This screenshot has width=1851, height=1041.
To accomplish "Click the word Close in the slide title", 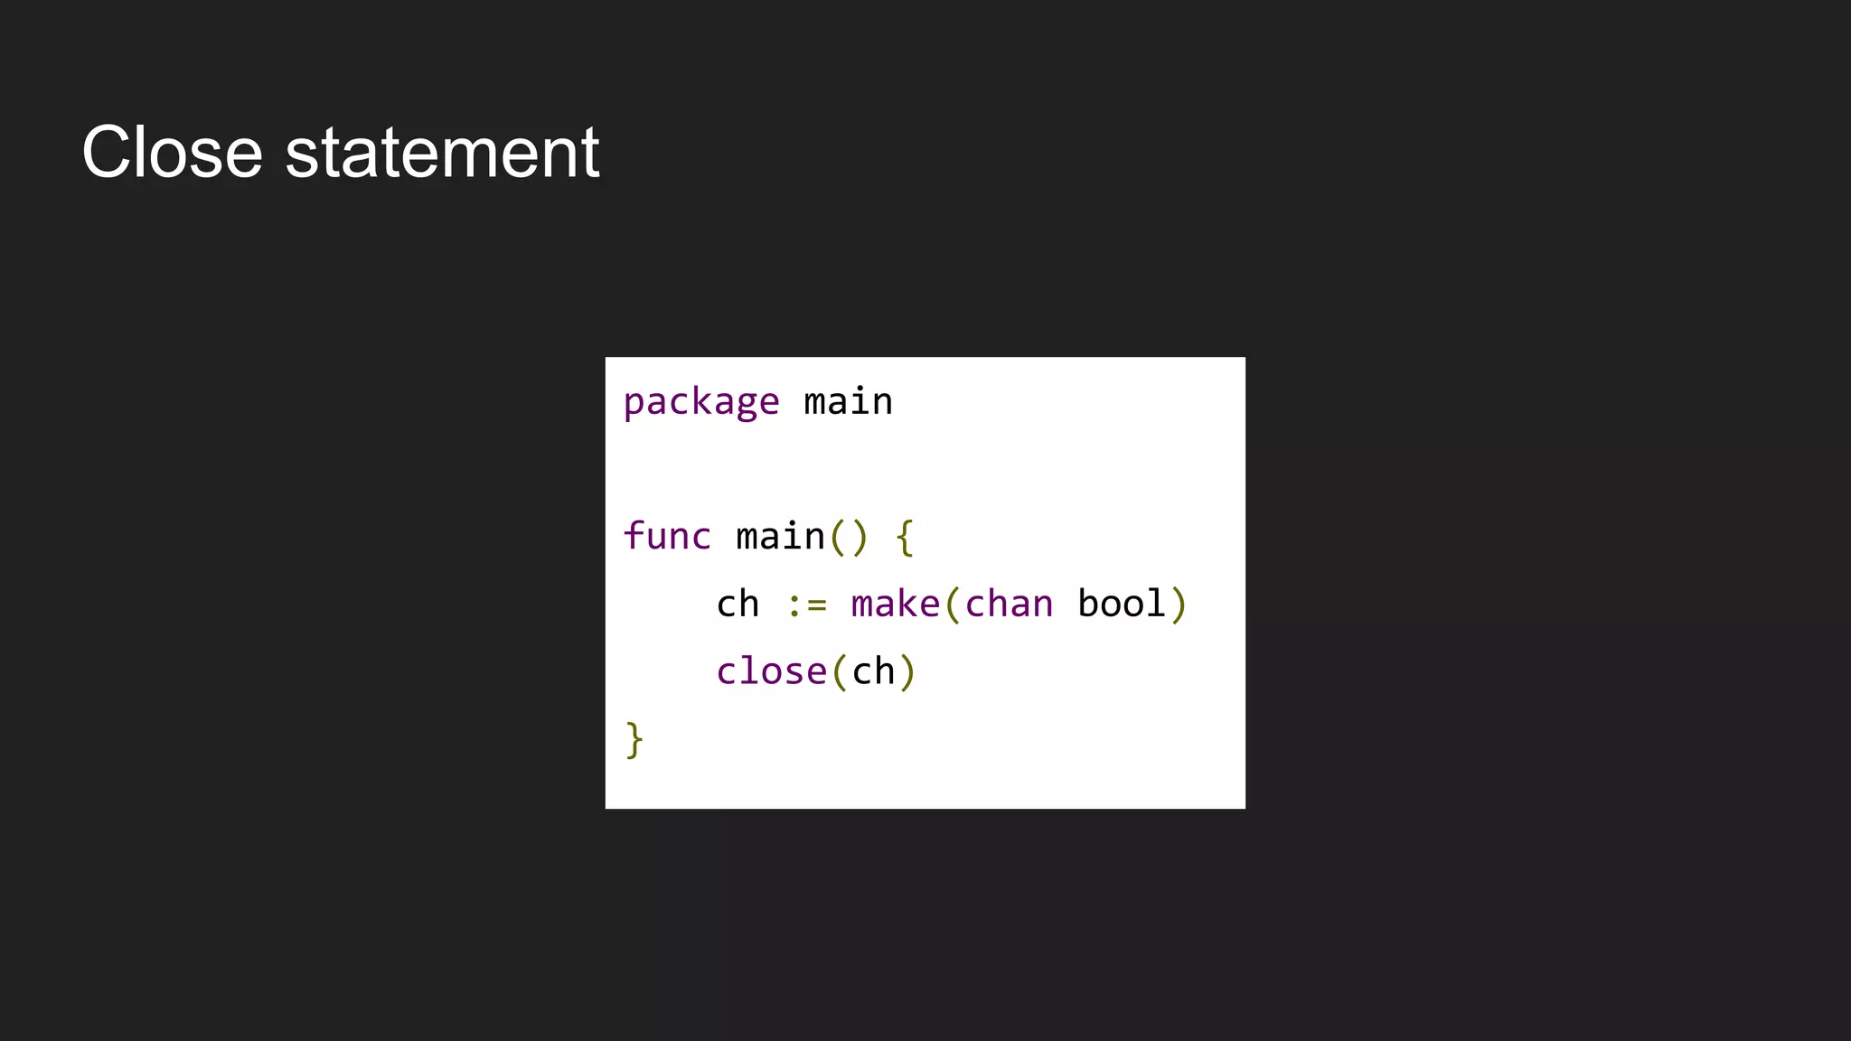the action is pos(172,153).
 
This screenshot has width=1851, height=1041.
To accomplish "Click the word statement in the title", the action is pos(442,153).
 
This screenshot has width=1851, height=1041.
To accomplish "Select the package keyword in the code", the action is pos(700,402).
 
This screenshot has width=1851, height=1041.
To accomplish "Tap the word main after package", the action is pos(848,402).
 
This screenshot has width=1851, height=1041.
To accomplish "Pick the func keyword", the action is pos(667,537).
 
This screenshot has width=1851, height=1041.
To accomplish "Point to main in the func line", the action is pos(780,537).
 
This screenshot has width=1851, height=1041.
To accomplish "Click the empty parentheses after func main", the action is pos(849,537).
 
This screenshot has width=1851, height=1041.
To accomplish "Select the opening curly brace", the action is pos(905,537).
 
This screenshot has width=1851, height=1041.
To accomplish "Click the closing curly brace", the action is pos(634,740).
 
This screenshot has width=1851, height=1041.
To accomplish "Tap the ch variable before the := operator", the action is pos(738,605).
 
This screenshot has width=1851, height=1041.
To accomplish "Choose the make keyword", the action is pos(895,605).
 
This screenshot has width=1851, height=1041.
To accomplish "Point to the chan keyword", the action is pos(1009,605).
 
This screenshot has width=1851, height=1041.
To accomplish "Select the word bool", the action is pos(1122,605).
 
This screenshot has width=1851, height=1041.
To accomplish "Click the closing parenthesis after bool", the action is pos(1178,605).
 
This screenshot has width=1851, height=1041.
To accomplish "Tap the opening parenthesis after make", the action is pos(952,605).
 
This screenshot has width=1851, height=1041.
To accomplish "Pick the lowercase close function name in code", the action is pos(771,672).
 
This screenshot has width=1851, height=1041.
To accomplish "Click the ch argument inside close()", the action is pos(873,672).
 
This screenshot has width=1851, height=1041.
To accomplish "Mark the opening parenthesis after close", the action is pos(839,672).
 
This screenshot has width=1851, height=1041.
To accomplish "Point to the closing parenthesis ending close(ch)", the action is pos(907,672).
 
